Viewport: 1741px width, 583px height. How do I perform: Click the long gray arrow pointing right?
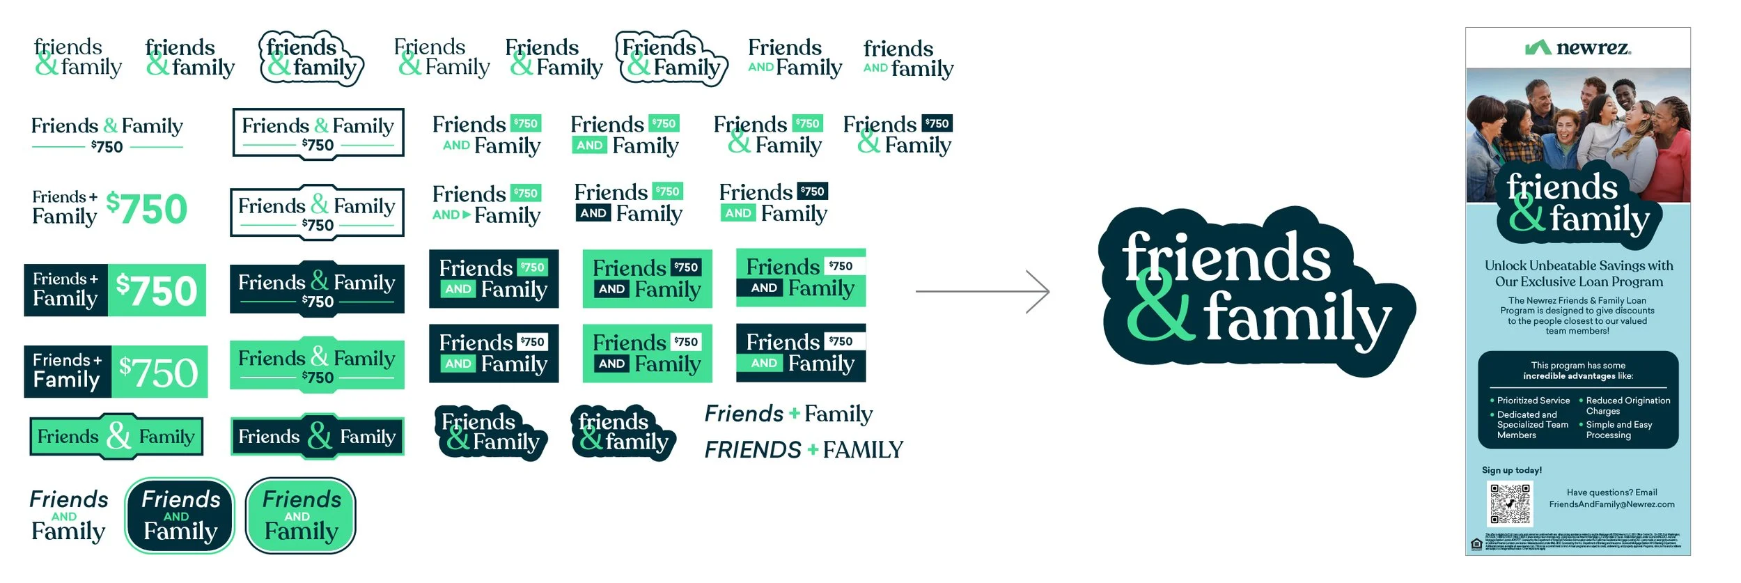pos(982,291)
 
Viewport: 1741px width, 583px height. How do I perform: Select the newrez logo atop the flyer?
pos(1578,47)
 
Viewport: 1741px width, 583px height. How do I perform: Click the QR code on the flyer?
pos(1510,504)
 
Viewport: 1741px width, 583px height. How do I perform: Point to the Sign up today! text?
pos(1512,470)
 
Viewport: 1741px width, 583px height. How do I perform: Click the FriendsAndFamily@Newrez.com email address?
pos(1611,504)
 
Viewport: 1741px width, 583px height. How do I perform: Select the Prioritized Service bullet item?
pos(1533,401)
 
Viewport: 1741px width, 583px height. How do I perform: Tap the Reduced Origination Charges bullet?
pos(1627,405)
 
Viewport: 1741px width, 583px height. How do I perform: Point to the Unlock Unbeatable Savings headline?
pos(1579,274)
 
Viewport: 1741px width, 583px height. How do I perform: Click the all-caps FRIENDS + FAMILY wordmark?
pos(804,450)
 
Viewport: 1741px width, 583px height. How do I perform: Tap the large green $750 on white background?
pos(147,209)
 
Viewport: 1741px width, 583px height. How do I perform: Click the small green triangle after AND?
pos(467,215)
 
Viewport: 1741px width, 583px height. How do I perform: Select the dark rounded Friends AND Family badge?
pos(180,515)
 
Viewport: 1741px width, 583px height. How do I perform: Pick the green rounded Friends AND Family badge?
pos(301,515)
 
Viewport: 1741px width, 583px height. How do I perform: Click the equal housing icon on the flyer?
pos(1476,544)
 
